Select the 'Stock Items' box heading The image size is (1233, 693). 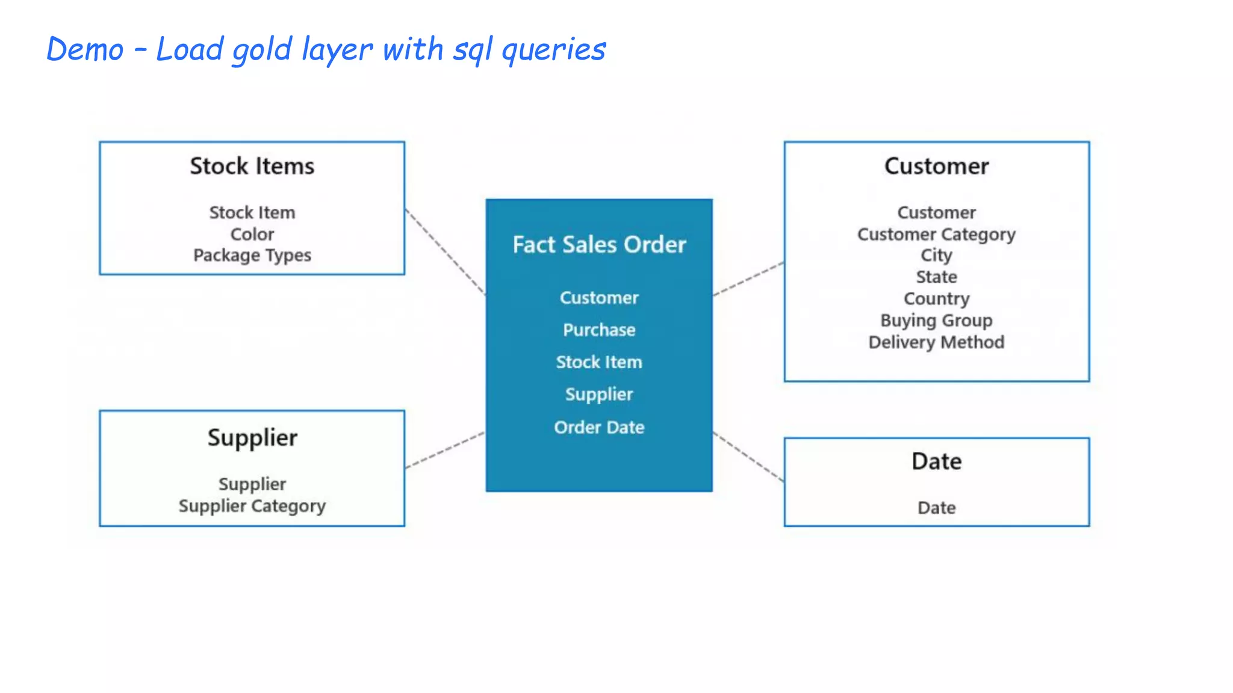252,166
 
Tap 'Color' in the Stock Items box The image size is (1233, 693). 252,234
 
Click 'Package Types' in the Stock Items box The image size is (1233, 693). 252,256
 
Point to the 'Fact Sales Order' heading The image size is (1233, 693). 599,245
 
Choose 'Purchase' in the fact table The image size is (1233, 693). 599,330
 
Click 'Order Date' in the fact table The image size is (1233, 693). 599,427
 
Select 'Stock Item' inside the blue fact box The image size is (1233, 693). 599,362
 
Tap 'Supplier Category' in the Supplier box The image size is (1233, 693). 252,506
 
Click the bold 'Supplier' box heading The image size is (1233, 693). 252,438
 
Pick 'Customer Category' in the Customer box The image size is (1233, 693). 936,234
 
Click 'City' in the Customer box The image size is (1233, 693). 936,256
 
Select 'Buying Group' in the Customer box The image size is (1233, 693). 936,321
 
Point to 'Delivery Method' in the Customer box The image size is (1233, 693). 936,342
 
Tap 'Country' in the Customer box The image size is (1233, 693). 936,299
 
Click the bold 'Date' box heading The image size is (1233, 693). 936,461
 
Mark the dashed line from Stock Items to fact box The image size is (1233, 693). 446,251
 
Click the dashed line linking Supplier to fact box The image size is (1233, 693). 446,450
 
